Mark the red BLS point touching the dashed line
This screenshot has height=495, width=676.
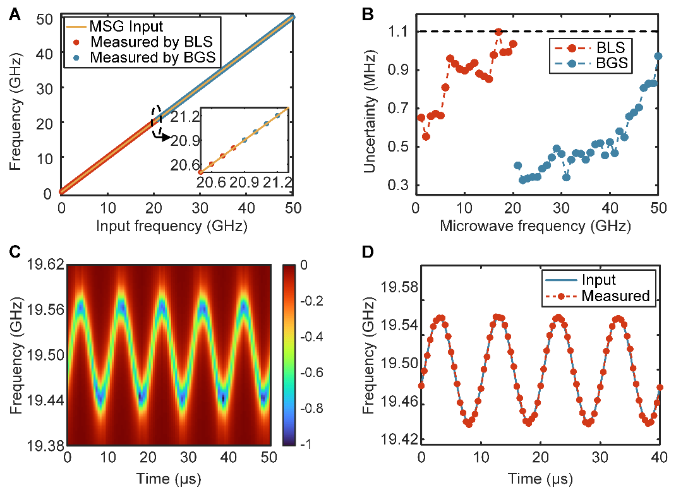498,32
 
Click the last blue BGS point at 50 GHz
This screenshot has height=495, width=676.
658,56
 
